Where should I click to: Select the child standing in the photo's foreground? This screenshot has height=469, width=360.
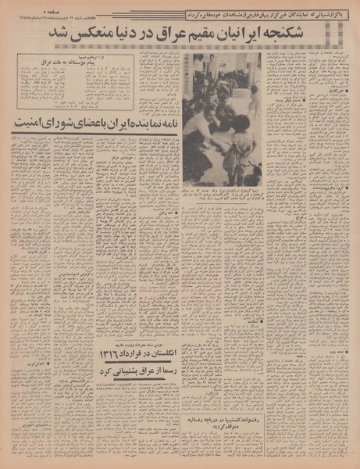tap(234, 149)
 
